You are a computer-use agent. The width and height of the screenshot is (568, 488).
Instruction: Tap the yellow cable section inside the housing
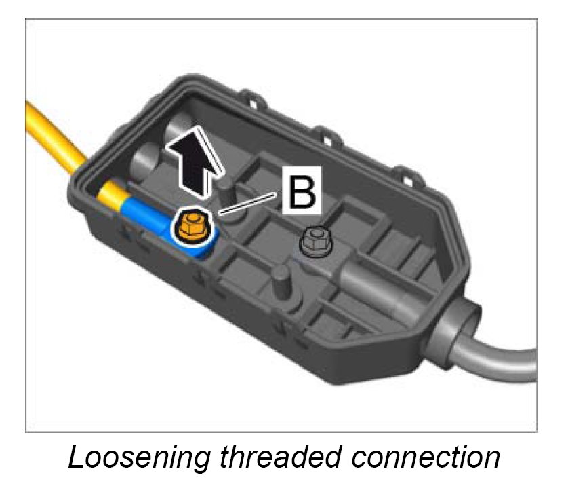[x=108, y=198]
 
